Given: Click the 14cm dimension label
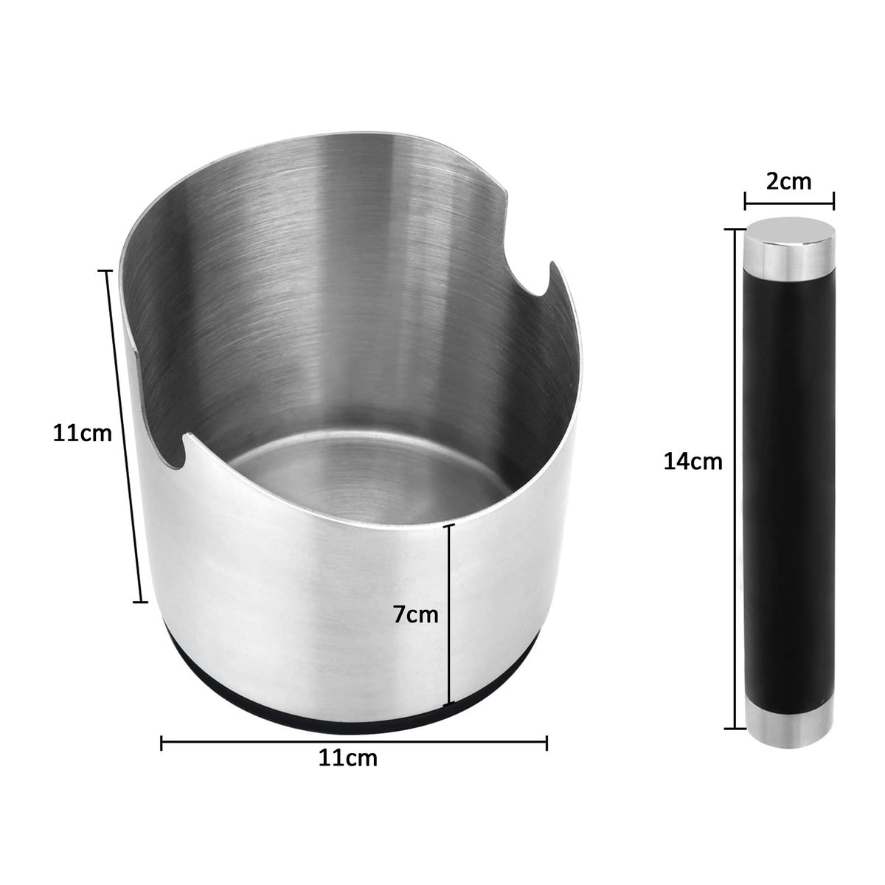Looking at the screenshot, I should click(x=693, y=462).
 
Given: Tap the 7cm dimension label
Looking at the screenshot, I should click(x=415, y=614).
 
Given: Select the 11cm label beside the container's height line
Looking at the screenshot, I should click(x=82, y=433).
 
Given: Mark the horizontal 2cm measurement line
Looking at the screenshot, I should click(x=789, y=197).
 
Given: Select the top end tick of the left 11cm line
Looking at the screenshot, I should click(x=108, y=271).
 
